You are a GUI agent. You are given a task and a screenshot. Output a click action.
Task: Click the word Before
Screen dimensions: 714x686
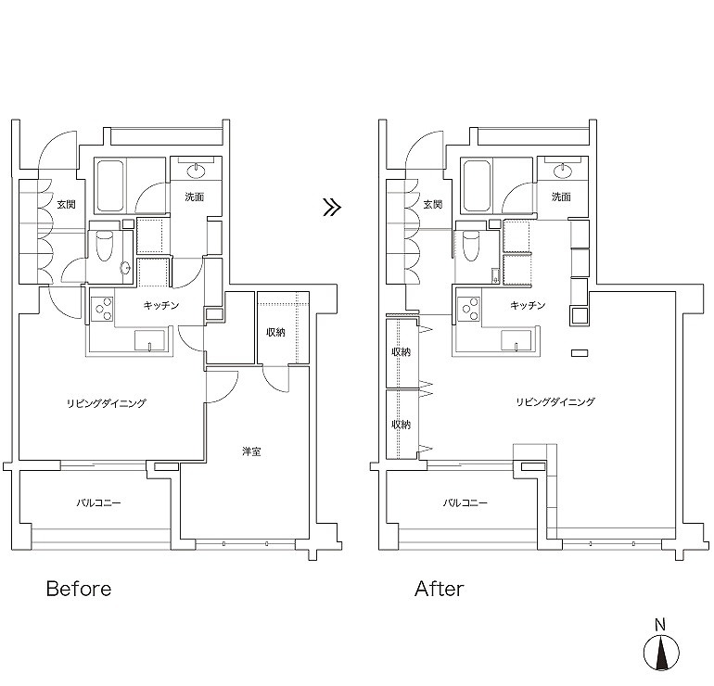coord(79,589)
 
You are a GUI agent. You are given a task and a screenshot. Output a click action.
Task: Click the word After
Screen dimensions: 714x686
coord(440,589)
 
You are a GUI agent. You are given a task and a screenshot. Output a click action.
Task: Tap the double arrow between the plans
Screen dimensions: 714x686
coord(332,207)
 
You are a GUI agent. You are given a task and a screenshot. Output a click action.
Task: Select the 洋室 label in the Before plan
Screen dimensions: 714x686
coord(251,451)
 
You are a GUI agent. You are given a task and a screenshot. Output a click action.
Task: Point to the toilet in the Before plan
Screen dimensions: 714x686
coord(104,246)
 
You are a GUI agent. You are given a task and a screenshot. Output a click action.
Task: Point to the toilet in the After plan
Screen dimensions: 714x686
coord(471,246)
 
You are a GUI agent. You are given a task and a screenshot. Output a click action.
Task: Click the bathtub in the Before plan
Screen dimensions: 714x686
coord(110,185)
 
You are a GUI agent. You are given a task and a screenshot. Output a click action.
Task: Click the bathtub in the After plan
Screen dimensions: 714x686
coord(478,185)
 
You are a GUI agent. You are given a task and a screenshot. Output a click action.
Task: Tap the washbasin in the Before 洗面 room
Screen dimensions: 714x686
coord(197,171)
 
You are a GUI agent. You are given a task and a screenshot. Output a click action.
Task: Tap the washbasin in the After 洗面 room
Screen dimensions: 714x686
coord(563,171)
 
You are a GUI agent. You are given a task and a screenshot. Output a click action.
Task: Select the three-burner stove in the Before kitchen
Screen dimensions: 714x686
coord(102,310)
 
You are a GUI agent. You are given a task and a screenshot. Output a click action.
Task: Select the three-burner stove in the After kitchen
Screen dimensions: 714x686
coord(469,310)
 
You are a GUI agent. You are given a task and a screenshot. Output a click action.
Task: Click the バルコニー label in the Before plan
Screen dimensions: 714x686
coord(98,503)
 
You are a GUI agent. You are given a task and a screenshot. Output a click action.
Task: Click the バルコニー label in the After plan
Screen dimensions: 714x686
coord(465,503)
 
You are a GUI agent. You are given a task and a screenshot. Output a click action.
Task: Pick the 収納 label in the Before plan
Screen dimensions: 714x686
coord(275,332)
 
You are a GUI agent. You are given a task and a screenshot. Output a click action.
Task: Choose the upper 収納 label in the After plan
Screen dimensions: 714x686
coord(402,352)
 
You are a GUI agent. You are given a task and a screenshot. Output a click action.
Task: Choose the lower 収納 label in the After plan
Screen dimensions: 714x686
coord(402,425)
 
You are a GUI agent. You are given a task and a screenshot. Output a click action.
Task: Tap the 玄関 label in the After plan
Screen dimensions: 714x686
coord(433,204)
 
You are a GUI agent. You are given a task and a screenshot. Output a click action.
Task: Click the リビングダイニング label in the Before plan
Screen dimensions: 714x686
coord(107,403)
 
